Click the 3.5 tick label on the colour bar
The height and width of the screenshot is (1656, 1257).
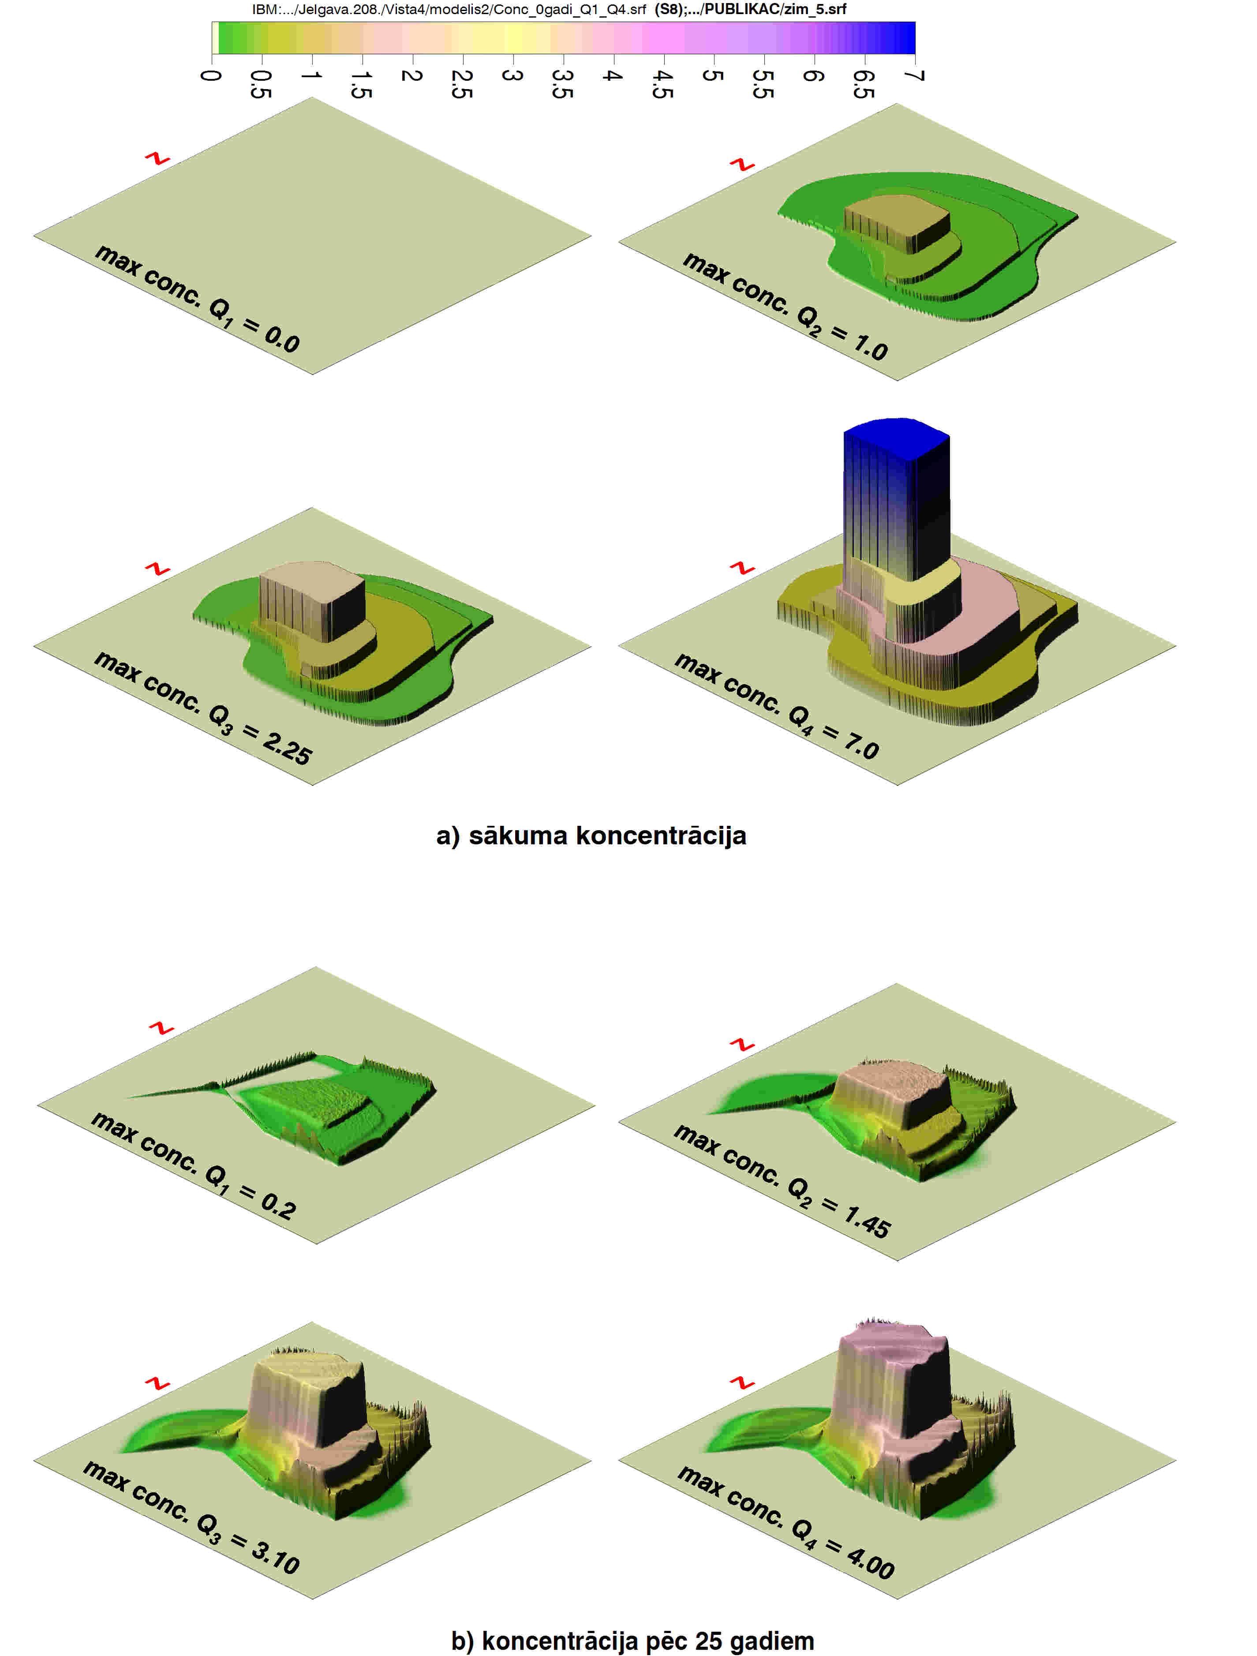(x=562, y=84)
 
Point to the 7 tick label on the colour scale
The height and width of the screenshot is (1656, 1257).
(x=915, y=75)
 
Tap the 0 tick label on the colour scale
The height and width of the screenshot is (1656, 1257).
(x=211, y=75)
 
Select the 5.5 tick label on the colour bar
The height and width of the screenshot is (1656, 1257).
(x=763, y=84)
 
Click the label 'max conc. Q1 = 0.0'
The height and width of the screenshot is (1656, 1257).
(x=197, y=298)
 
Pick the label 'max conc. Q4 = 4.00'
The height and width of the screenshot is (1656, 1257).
(x=786, y=1522)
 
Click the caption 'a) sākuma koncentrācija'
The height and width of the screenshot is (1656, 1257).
(x=591, y=835)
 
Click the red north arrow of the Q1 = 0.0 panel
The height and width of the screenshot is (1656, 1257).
(x=157, y=159)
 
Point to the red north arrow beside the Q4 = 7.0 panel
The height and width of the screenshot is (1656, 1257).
(x=742, y=568)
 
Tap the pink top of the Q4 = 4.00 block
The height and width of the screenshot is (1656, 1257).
(x=893, y=1348)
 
